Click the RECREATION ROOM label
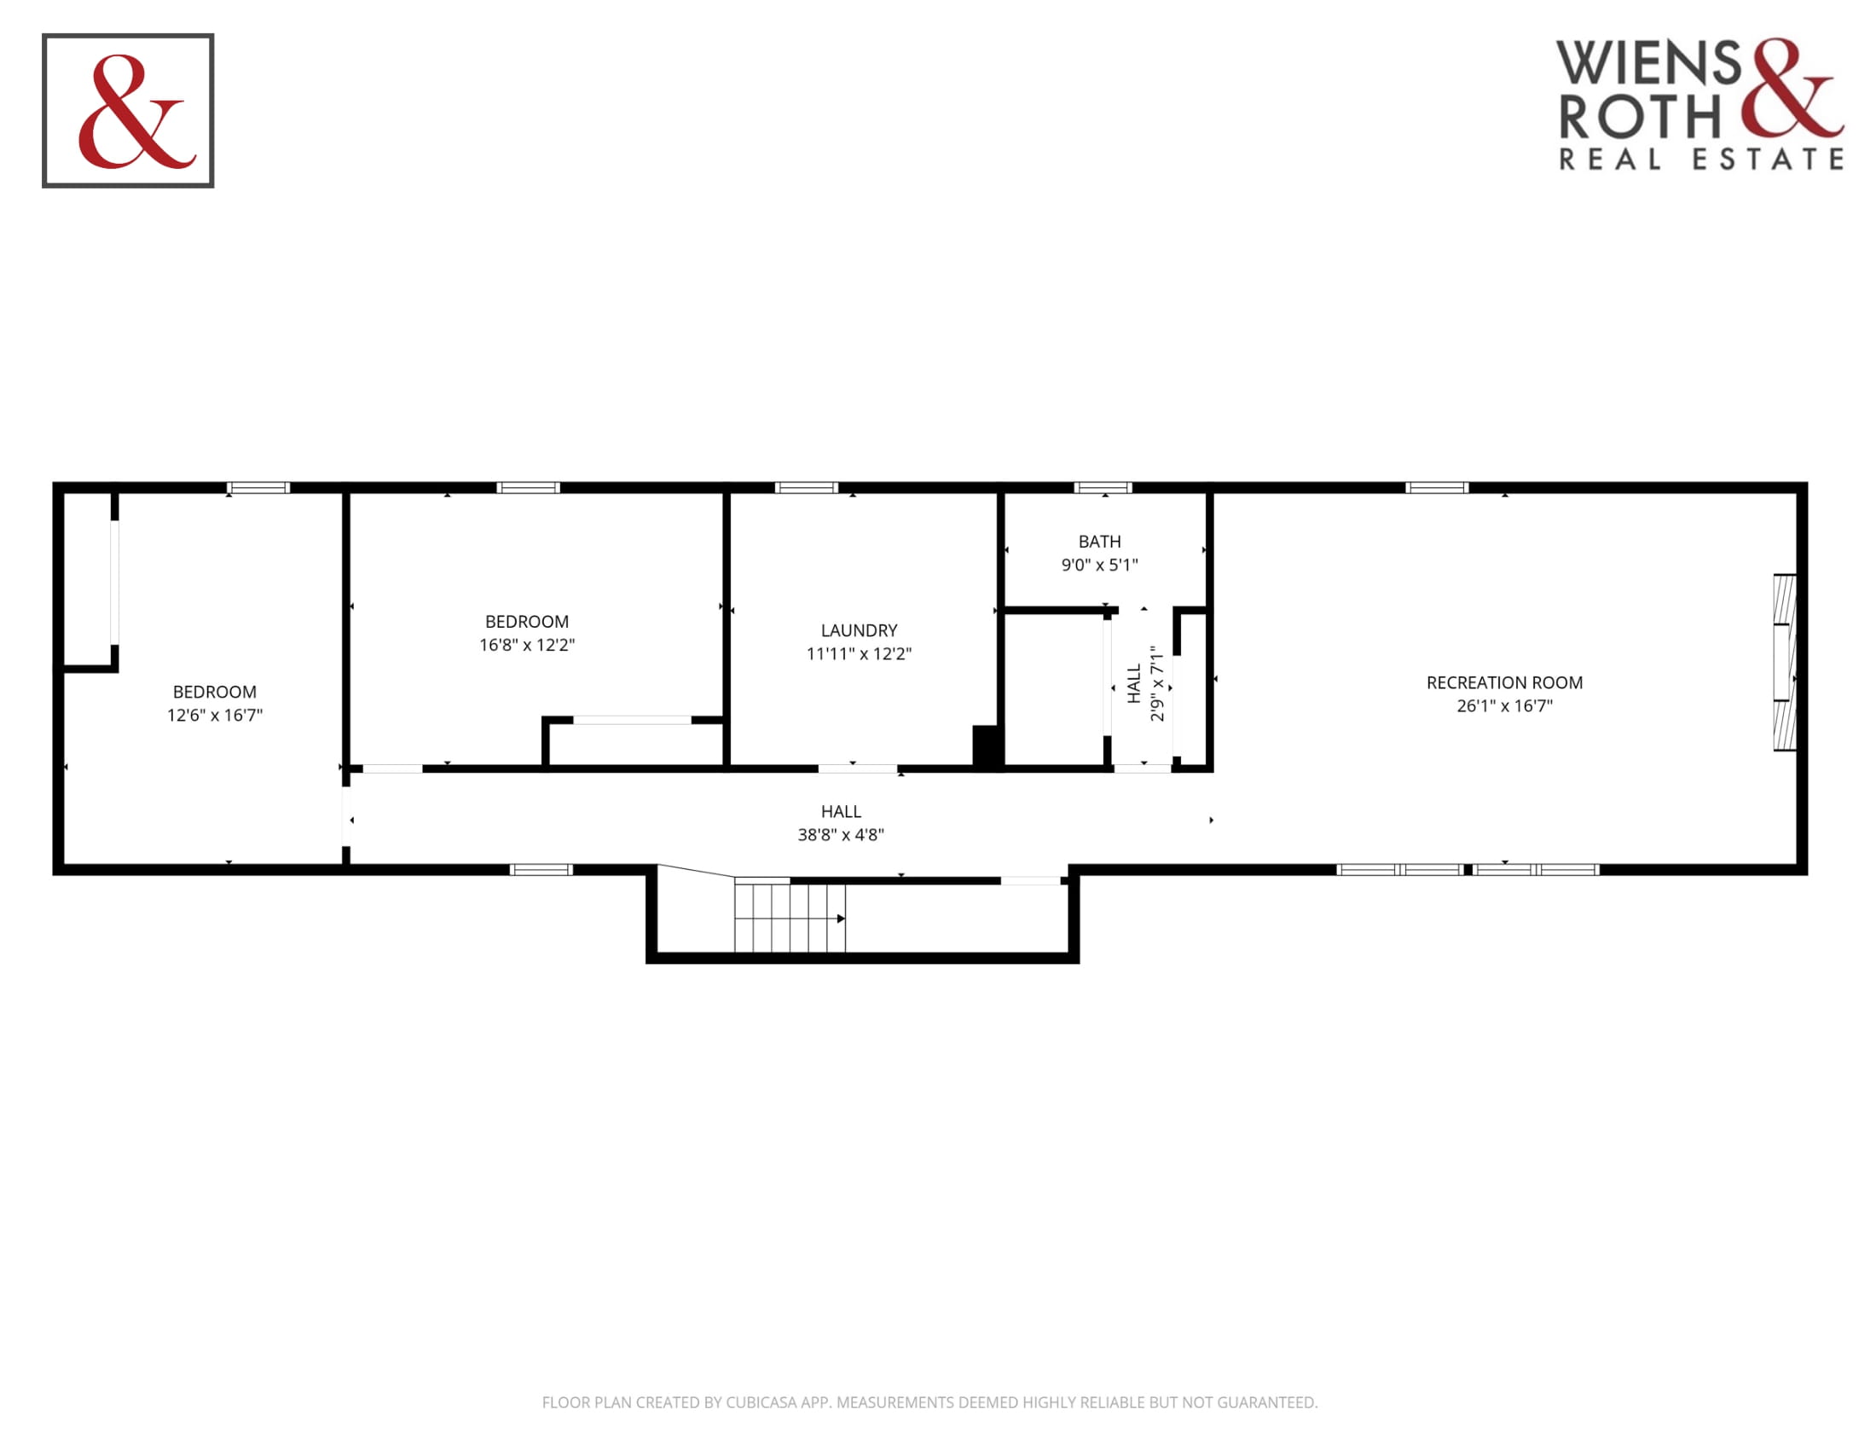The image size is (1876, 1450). [x=1504, y=683]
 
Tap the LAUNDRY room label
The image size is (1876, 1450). [x=859, y=630]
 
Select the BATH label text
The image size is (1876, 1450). [x=1099, y=542]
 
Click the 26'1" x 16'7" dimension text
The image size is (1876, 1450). [x=1504, y=706]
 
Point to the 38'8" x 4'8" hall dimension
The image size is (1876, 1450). [x=841, y=835]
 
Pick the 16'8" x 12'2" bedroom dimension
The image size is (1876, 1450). [x=526, y=645]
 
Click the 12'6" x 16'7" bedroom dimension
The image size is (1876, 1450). [x=215, y=716]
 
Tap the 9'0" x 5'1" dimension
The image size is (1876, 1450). [x=1099, y=565]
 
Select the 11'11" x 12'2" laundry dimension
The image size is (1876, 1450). [x=859, y=653]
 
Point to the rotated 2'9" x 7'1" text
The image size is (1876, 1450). [x=1157, y=684]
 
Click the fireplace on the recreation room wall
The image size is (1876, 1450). [x=1785, y=662]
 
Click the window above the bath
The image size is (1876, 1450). [x=1103, y=488]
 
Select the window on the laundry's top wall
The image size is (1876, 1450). [x=807, y=488]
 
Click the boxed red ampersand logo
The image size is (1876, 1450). [x=128, y=111]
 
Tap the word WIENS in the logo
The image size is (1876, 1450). [x=1649, y=63]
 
